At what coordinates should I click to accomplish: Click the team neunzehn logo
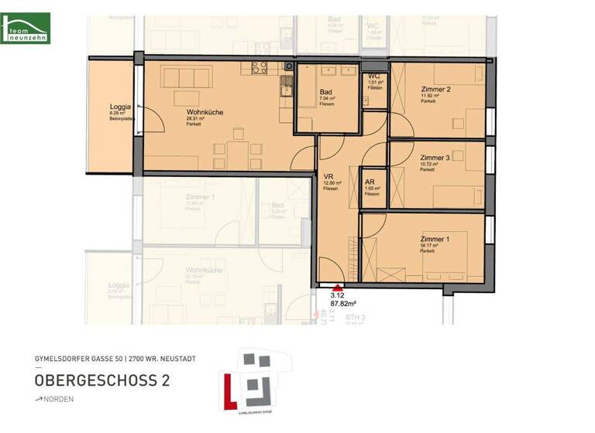(x=26, y=28)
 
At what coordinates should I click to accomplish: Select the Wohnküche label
(x=205, y=112)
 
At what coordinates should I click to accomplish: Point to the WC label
(x=373, y=76)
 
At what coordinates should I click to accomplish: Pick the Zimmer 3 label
(x=435, y=156)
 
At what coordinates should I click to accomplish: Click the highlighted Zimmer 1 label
(x=435, y=239)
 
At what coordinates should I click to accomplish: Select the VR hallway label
(x=328, y=176)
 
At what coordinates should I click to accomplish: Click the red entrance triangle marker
(x=336, y=286)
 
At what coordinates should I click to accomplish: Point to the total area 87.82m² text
(x=342, y=304)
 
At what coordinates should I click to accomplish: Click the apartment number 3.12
(x=336, y=295)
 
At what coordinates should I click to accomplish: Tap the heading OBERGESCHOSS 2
(x=102, y=380)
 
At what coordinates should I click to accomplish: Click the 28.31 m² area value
(x=195, y=118)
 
